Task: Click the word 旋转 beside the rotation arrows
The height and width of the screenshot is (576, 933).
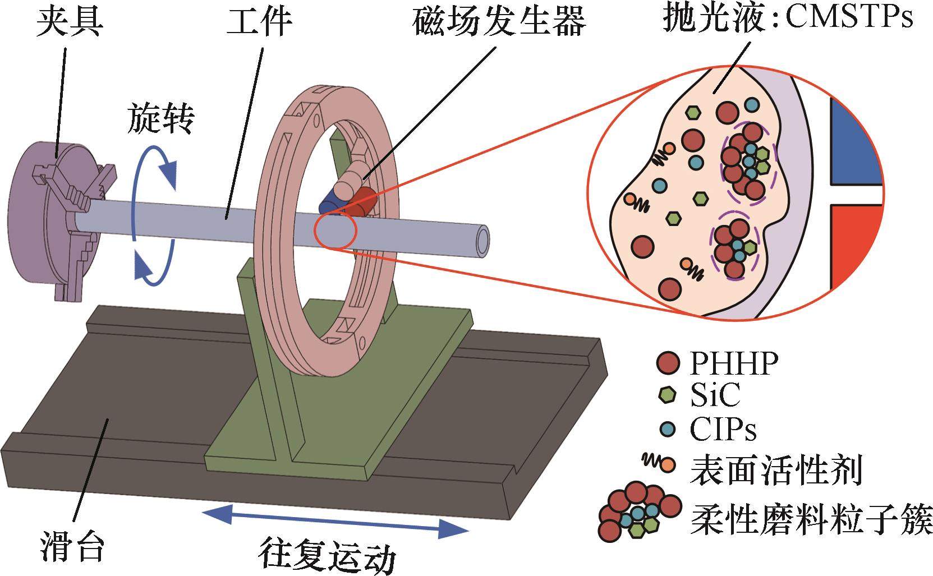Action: (161, 118)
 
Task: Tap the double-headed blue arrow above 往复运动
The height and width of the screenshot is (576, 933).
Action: (335, 520)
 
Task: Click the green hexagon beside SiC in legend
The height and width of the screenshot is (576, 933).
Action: (666, 396)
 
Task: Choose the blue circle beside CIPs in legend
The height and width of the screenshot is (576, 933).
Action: (666, 430)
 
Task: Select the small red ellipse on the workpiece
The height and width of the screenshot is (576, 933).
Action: (335, 230)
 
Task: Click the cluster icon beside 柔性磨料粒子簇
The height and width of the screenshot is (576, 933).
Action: (637, 510)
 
